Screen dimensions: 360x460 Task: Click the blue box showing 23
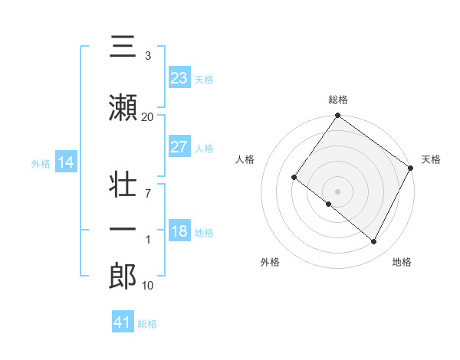(x=179, y=78)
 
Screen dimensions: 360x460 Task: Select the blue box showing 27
(x=179, y=147)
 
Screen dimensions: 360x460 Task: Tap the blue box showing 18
(x=179, y=231)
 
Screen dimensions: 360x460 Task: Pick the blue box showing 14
(x=65, y=162)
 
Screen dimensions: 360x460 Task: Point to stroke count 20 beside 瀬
(x=147, y=116)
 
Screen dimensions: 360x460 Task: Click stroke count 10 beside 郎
(x=147, y=286)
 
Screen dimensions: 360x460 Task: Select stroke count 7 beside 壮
(x=147, y=194)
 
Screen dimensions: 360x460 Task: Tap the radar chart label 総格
(x=337, y=100)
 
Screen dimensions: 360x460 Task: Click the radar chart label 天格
(x=431, y=159)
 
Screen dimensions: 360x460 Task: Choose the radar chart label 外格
(x=270, y=262)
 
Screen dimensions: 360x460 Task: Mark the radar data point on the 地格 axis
(x=374, y=242)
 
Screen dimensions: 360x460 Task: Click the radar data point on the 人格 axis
(x=294, y=177)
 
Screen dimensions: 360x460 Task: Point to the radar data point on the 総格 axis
(x=337, y=116)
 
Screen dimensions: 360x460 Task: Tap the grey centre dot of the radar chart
(x=337, y=191)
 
